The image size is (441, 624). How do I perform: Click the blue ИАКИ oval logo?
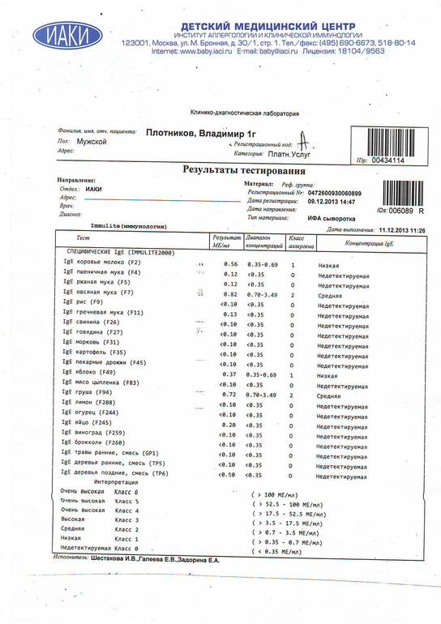pos(61,36)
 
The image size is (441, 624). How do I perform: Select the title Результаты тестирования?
pos(243,171)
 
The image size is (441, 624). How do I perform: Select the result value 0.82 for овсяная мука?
pos(229,293)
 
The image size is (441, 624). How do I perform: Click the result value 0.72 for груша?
pos(229,393)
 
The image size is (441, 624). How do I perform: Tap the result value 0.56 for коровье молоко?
pos(229,264)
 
